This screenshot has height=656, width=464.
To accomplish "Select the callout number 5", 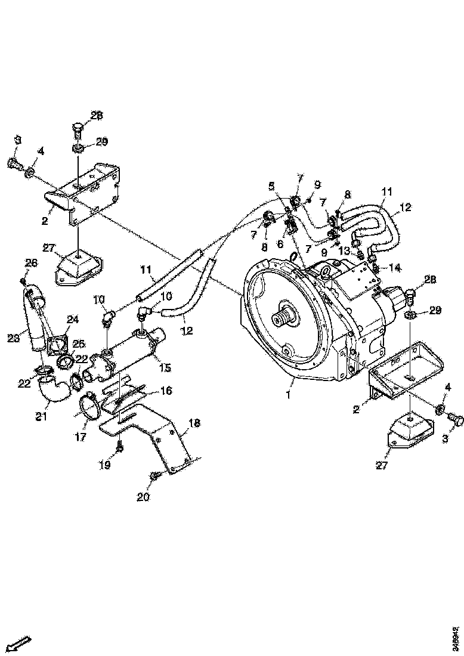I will [x=273, y=185].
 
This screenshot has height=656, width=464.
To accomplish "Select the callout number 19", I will [x=104, y=465].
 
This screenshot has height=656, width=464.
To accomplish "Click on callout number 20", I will [x=143, y=496].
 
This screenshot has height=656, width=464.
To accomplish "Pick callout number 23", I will [x=13, y=338].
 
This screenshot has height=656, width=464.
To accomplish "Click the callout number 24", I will [x=73, y=320].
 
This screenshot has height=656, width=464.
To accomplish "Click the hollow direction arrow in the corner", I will [x=20, y=643].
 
